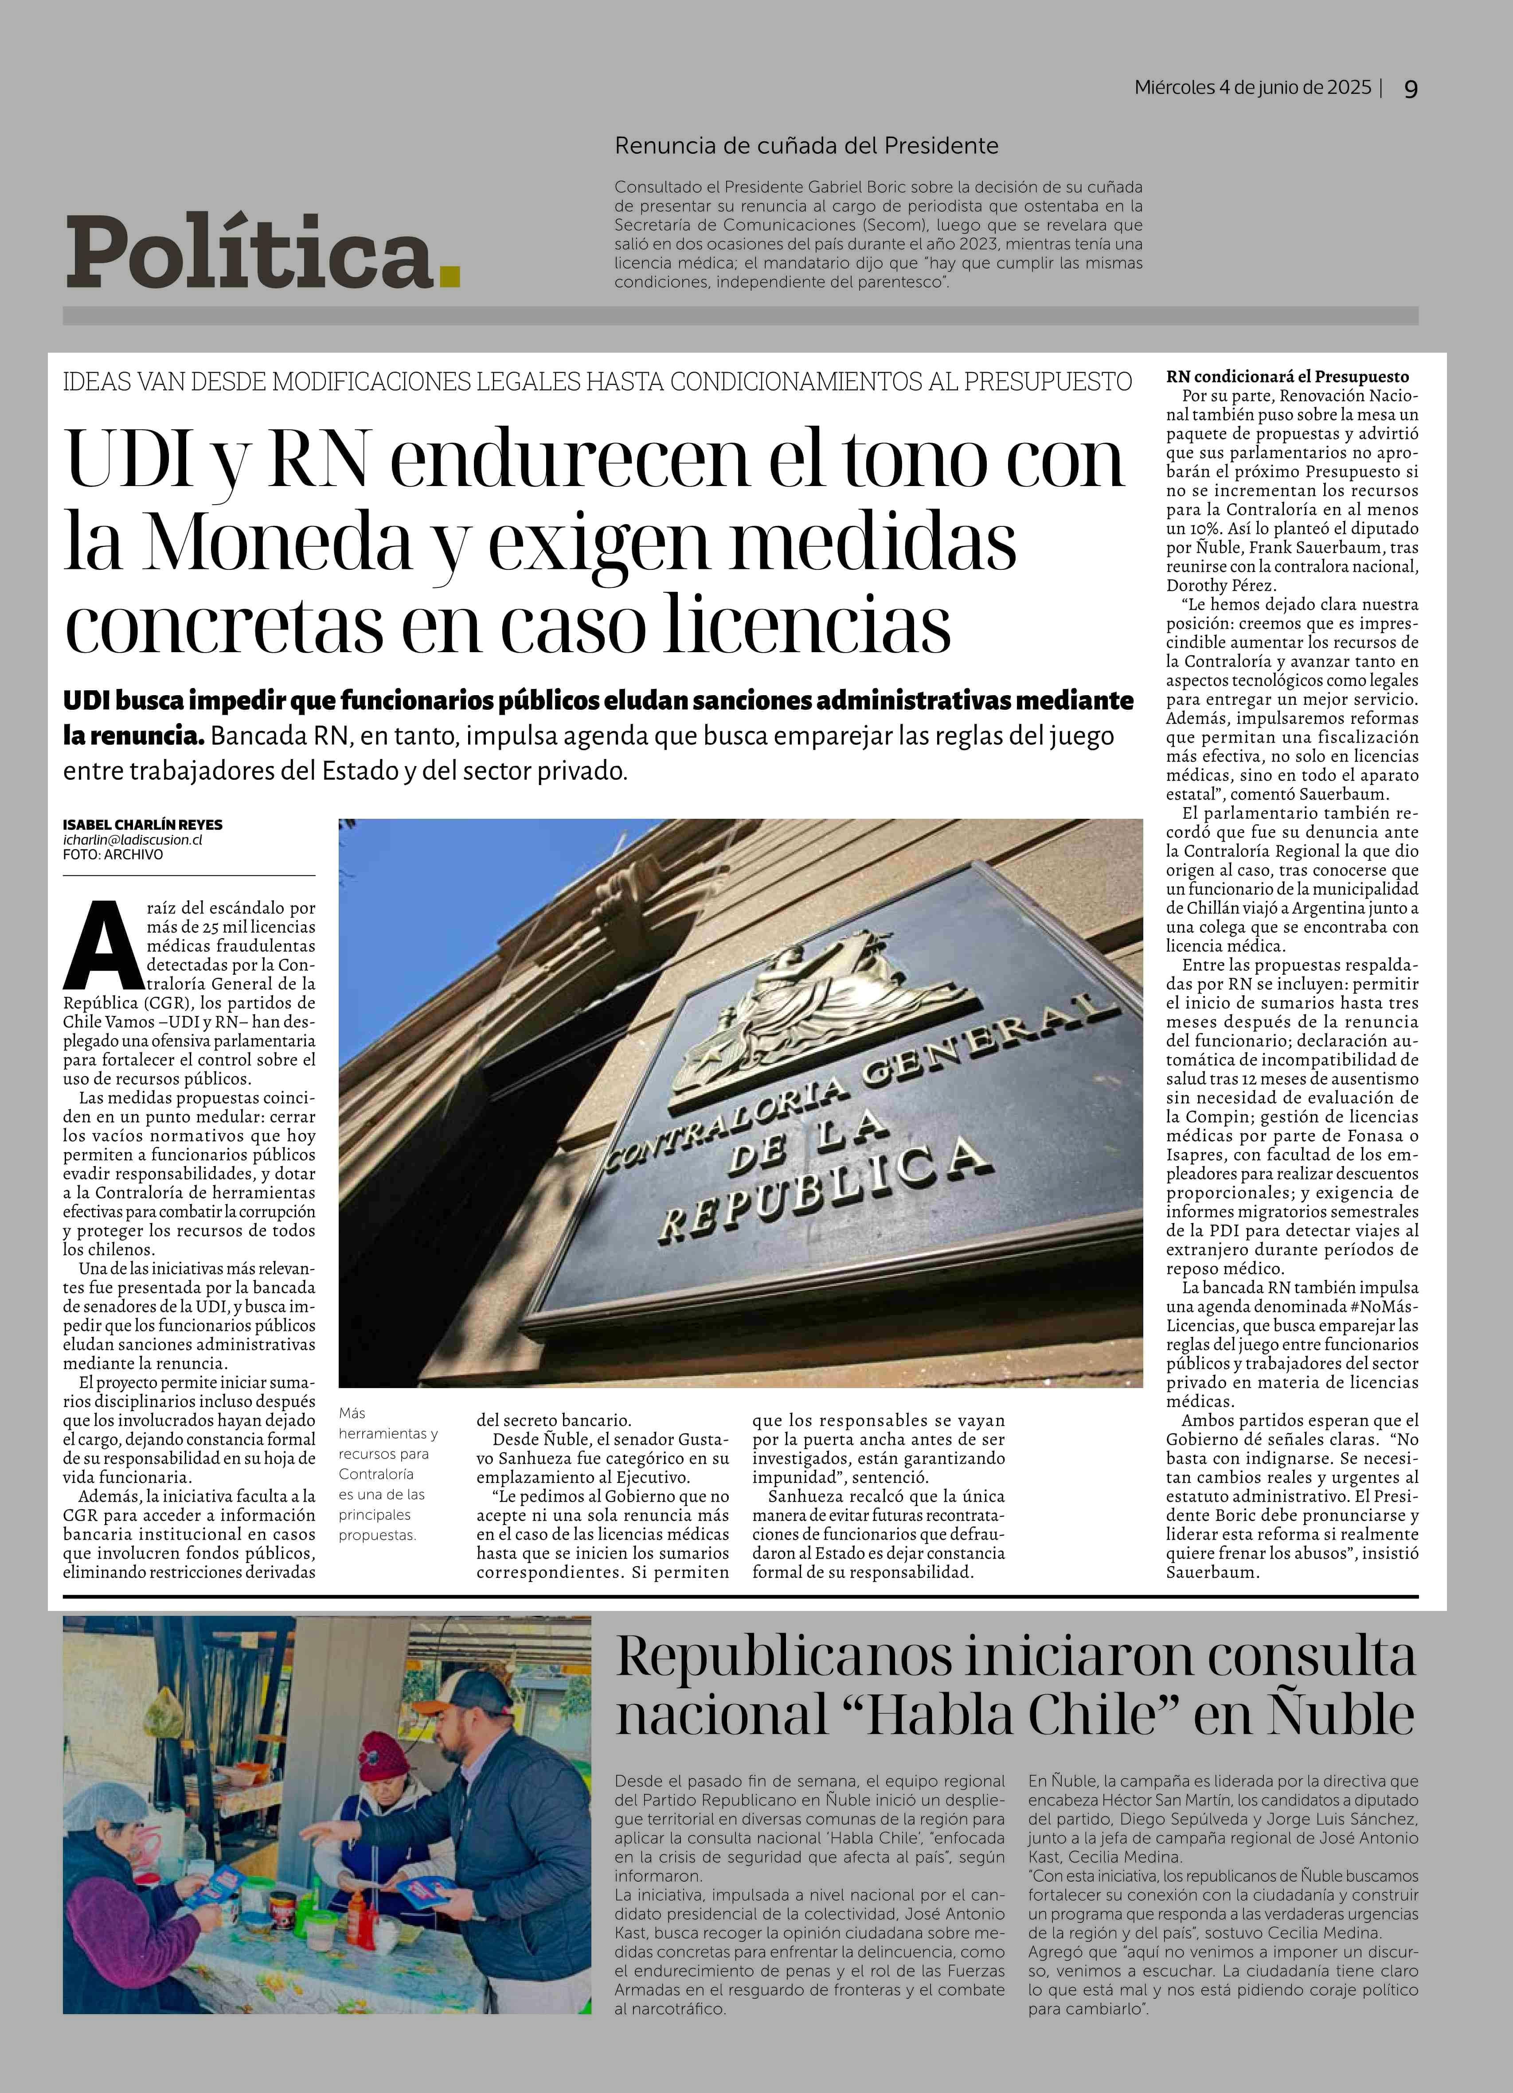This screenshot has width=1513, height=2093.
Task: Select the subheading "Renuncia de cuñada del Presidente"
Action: (806, 146)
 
